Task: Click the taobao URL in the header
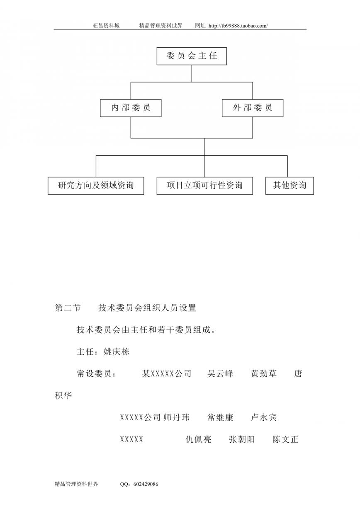pos(238,26)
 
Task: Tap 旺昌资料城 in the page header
pos(106,26)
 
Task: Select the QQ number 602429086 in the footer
pos(146,484)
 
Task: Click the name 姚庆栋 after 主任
pos(117,352)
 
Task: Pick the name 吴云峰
pos(220,373)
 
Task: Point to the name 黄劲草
pos(264,373)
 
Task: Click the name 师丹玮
pos(177,417)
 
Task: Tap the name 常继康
pos(220,417)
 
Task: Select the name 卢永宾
pos(264,417)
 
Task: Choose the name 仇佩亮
pos(199,439)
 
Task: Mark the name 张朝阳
pos(242,439)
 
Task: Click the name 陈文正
pos(285,439)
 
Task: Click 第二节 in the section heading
pos(68,308)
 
